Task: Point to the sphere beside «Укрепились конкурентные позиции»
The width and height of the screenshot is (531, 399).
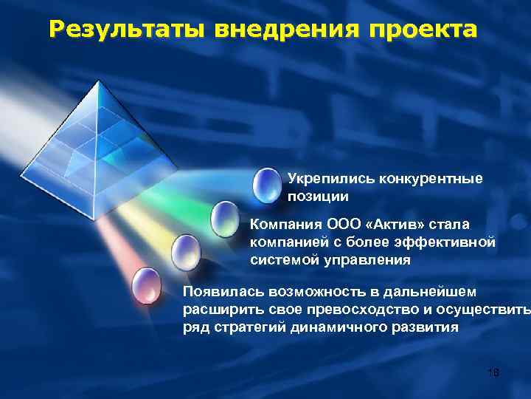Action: (x=265, y=186)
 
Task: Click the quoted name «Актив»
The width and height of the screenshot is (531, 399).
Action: (x=389, y=223)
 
